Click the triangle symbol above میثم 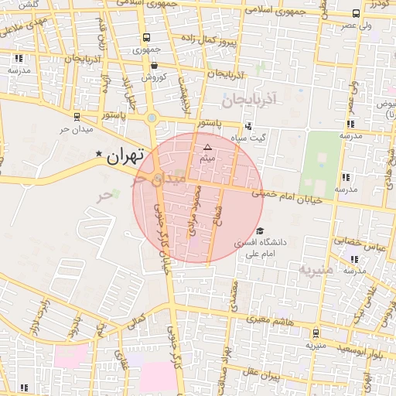pos(207,146)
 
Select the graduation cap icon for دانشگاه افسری pos(260,230)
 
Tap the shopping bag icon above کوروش pos(154,65)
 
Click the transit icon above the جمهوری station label pos(146,37)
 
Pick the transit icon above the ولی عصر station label pos(355,13)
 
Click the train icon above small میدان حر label pos(76,116)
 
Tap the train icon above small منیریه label pos(315,333)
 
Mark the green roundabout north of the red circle pos(152,118)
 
